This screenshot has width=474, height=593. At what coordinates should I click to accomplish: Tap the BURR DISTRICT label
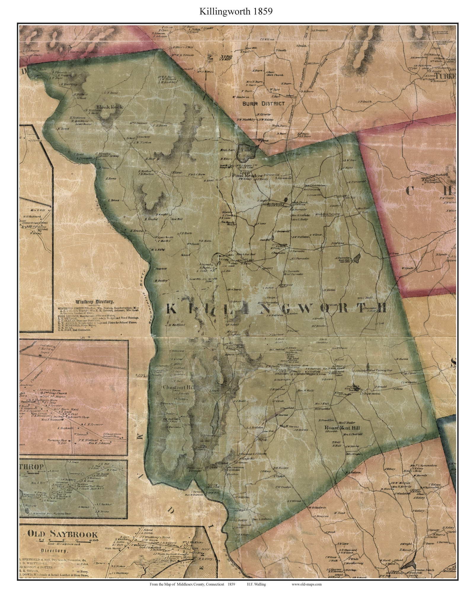tap(263, 104)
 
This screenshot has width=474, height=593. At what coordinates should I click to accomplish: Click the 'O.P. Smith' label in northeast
tap(365, 102)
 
